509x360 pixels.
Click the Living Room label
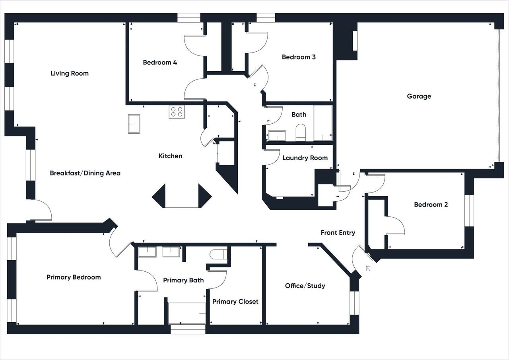70,74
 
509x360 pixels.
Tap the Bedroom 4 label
160,62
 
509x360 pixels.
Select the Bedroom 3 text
299,57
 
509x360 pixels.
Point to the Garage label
419,96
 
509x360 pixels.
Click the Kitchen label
171,156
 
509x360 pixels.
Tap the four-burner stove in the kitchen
177,112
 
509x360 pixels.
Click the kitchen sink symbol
134,124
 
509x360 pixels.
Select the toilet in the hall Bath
301,132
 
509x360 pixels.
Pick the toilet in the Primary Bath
219,255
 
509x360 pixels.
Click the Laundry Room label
305,158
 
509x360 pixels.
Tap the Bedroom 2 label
431,204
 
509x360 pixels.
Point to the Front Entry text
338,233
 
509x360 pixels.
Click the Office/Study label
305,286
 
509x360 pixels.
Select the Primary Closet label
235,302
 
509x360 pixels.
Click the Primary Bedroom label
74,277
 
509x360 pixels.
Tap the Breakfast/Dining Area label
85,173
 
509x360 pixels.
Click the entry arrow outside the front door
368,269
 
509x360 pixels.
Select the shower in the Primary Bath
187,313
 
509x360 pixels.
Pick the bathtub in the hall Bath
323,123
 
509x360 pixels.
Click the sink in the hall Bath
277,136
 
